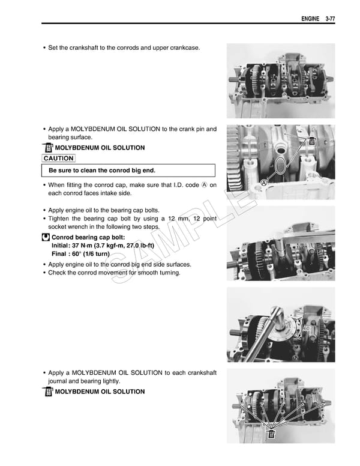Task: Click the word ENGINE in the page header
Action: click(x=310, y=19)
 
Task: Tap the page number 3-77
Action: click(x=329, y=19)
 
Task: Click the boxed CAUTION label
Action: click(x=59, y=159)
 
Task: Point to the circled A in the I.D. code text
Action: click(x=204, y=185)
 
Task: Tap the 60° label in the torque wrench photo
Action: click(x=307, y=328)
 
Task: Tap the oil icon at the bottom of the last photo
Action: click(x=271, y=434)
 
